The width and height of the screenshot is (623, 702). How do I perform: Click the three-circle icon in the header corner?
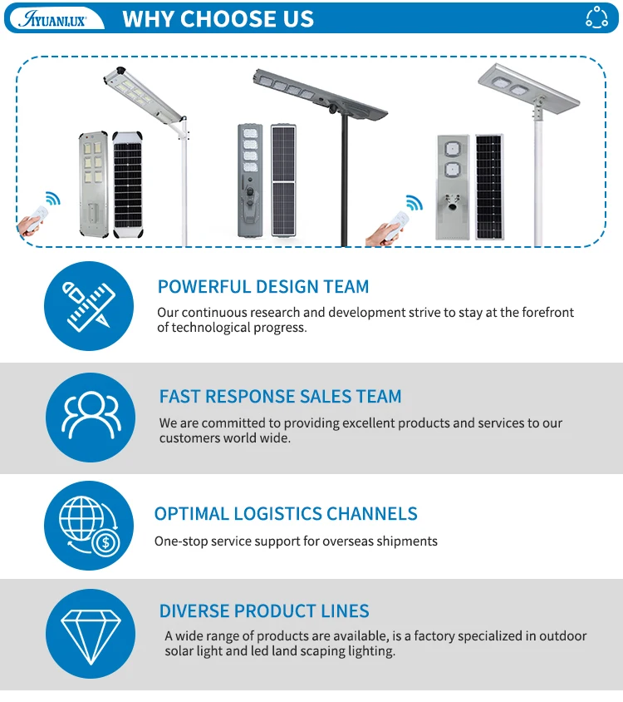[x=596, y=17]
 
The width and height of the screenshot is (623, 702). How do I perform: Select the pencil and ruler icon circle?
[x=88, y=305]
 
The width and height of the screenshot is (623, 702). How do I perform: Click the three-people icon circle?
[x=89, y=417]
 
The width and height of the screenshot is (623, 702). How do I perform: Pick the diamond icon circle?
[x=89, y=634]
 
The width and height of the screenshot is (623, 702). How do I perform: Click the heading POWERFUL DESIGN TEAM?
[x=263, y=287]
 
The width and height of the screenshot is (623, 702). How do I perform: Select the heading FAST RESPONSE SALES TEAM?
[x=280, y=397]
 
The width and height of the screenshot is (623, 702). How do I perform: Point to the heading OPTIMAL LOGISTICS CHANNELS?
[x=286, y=514]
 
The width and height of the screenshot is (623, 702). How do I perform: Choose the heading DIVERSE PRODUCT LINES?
[x=264, y=611]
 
